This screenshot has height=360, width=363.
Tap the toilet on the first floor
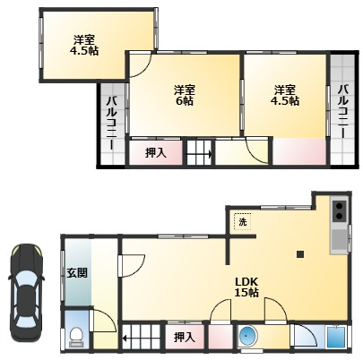(x=76, y=337)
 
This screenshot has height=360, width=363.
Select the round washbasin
(x=246, y=336)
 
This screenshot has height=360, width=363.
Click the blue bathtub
(x=336, y=337)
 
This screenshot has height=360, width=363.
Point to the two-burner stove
(x=340, y=210)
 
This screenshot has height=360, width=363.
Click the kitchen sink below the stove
(x=340, y=241)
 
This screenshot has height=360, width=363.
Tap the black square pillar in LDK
(x=300, y=254)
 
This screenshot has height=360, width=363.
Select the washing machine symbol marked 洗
(x=243, y=222)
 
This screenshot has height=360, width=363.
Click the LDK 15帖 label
(x=246, y=287)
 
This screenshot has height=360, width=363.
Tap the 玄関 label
(x=77, y=273)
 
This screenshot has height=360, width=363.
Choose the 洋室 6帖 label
(x=185, y=95)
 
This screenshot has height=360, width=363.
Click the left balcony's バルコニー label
(x=112, y=123)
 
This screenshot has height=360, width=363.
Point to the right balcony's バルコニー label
(x=343, y=111)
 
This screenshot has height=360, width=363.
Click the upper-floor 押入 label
(x=156, y=153)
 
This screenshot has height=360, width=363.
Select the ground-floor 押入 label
(x=185, y=338)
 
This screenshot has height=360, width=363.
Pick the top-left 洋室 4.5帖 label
(x=84, y=45)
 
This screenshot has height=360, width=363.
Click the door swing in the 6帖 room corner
(x=141, y=65)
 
